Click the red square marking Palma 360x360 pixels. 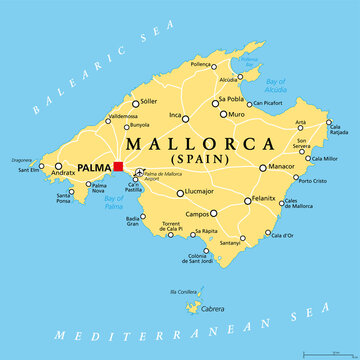(118, 166)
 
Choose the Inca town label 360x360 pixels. (176, 116)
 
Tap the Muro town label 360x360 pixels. (236, 115)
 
